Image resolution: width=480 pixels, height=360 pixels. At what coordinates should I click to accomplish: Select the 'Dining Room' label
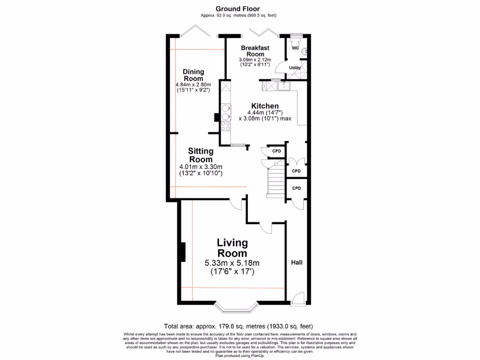point(193,75)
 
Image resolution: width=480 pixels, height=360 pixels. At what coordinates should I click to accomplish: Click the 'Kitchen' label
point(265,106)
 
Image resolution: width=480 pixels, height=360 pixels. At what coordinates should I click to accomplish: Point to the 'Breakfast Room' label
point(255,51)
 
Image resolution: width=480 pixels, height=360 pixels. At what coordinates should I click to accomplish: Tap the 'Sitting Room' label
point(201,155)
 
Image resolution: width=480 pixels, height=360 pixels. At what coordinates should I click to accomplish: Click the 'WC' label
point(295,48)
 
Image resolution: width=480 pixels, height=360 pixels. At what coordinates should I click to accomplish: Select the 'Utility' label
point(294,68)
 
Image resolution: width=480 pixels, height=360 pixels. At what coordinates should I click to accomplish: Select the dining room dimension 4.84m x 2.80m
point(193,84)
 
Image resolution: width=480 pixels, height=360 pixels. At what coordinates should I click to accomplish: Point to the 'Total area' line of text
point(238,326)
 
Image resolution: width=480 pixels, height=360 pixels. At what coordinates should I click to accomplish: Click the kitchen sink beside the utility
point(284,85)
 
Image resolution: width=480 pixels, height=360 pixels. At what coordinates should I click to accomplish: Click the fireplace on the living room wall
point(182,252)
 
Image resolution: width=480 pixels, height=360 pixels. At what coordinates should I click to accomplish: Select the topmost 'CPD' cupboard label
point(277,151)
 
